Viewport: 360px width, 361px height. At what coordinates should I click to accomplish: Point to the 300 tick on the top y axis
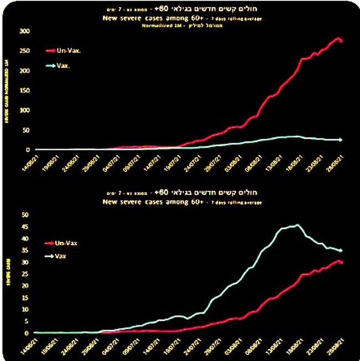click(x=24, y=31)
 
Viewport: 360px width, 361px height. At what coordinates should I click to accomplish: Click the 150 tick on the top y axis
click(x=24, y=90)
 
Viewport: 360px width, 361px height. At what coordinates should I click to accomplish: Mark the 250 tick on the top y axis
click(x=24, y=51)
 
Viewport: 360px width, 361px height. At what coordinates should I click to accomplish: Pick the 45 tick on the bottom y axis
click(x=25, y=226)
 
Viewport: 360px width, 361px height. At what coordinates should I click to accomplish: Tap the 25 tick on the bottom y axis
click(x=25, y=274)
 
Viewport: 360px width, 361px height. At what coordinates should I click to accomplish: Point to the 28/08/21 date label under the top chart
click(x=339, y=167)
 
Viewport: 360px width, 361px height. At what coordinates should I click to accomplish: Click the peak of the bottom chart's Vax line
click(x=297, y=225)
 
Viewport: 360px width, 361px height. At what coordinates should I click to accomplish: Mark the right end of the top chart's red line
click(x=341, y=40)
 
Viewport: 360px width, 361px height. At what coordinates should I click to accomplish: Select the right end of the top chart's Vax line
click(x=341, y=140)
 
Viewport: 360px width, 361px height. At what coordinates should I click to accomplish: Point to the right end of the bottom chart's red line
click(x=341, y=262)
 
